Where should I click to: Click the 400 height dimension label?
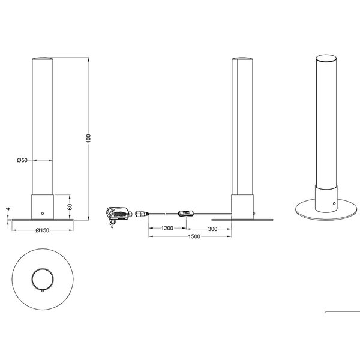(x=89, y=139)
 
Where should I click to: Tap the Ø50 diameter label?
(x=22, y=160)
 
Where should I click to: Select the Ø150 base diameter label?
(x=43, y=230)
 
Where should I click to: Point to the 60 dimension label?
(x=70, y=206)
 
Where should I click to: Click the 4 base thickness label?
(x=8, y=209)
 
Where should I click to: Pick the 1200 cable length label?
(x=167, y=228)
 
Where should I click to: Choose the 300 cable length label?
(x=212, y=229)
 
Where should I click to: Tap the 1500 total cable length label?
(x=194, y=236)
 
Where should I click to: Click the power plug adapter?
(x=118, y=216)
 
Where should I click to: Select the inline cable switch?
(x=185, y=214)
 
